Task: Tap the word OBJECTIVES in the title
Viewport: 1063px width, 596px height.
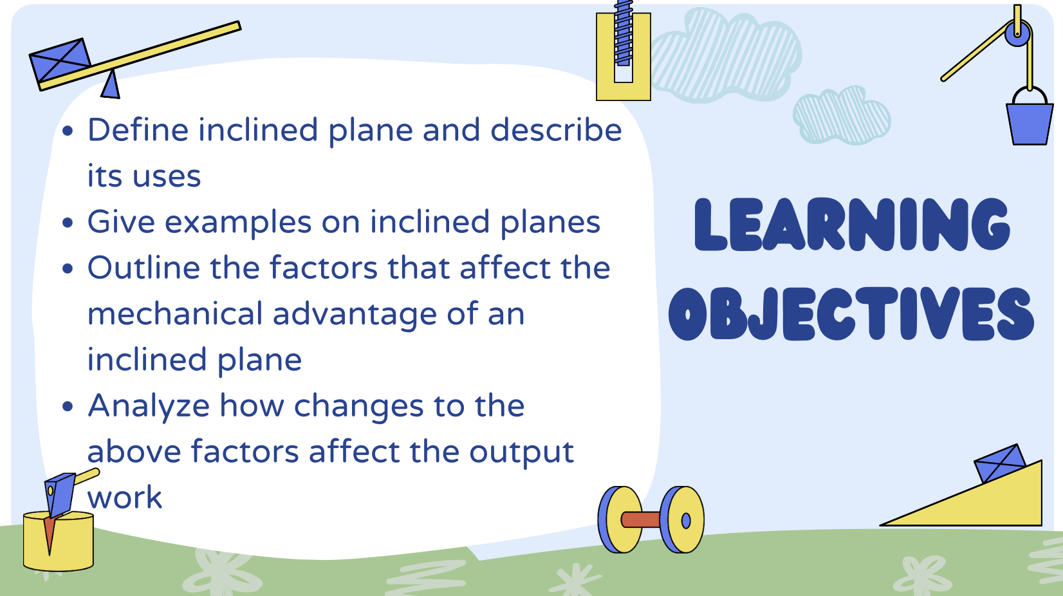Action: pos(851,313)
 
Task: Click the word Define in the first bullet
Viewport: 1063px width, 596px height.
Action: pos(138,131)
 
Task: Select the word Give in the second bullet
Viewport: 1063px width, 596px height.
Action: pos(121,223)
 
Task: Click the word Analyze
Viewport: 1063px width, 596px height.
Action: pos(149,406)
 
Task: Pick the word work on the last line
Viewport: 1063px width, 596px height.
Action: pos(125,498)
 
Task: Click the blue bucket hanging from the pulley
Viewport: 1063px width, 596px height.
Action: pos(1029,123)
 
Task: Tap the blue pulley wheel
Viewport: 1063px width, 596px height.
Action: pos(1018,33)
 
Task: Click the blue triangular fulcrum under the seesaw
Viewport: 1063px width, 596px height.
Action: pos(111,86)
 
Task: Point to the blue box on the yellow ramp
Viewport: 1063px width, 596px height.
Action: pos(999,462)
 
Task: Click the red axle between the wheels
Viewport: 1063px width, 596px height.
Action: pos(640,519)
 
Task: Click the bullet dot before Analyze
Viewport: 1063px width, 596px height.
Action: pos(68,407)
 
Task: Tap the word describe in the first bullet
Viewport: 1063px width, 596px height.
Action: pos(556,131)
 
